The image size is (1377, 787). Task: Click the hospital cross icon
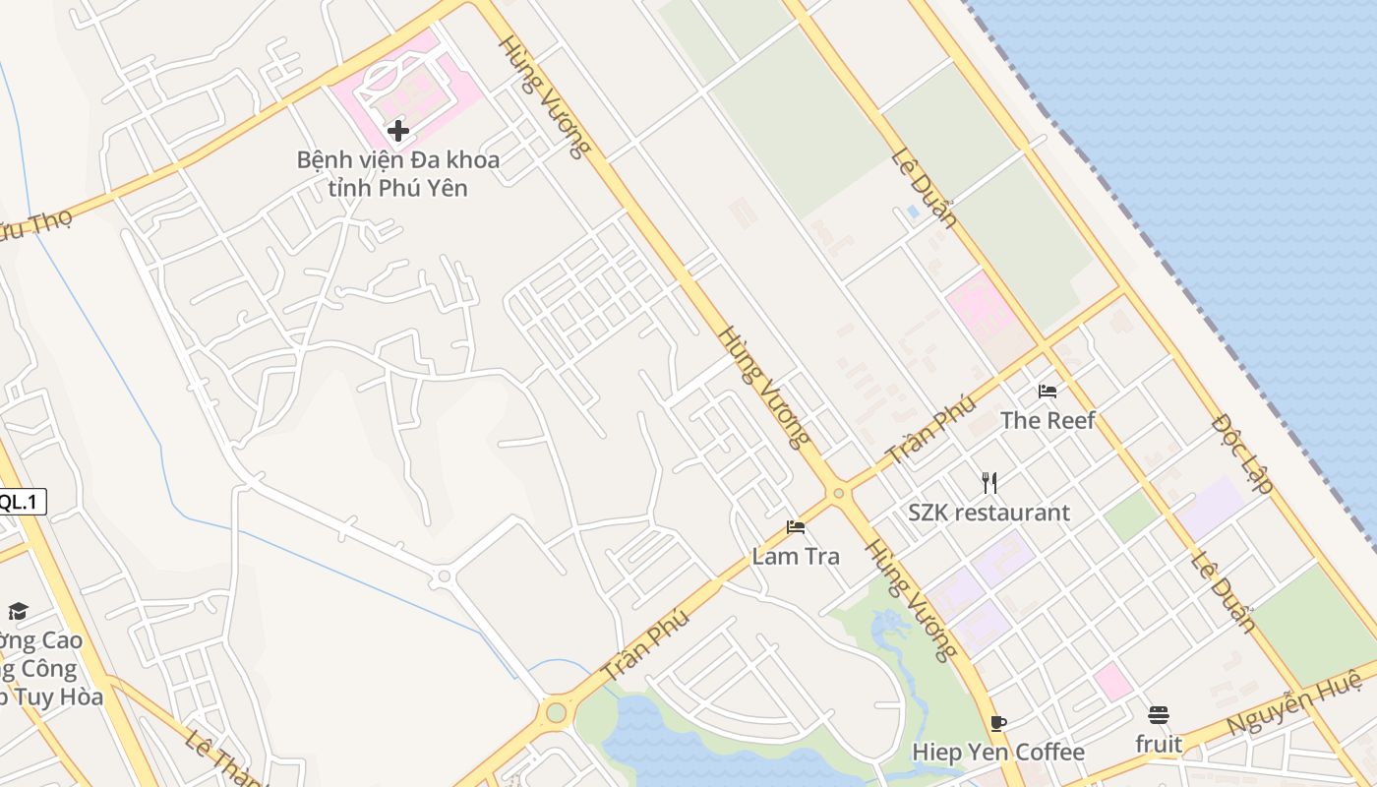(397, 130)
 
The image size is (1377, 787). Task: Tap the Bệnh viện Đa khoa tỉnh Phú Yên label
(398, 173)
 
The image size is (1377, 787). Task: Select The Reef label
(1048, 420)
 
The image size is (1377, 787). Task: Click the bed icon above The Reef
(1048, 391)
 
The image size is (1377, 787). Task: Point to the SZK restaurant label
(988, 513)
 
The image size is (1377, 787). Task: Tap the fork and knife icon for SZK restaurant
(989, 482)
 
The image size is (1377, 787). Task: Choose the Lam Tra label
(796, 556)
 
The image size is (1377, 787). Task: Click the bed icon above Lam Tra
(796, 527)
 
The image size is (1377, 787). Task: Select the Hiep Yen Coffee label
(998, 753)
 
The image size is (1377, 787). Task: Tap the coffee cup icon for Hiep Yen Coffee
(998, 724)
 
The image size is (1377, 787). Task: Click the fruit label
(1159, 745)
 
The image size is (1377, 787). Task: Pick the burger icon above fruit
(1159, 715)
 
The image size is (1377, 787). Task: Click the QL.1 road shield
(21, 502)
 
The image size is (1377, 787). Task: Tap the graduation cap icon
(18, 612)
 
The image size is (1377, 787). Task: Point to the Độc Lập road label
(1243, 453)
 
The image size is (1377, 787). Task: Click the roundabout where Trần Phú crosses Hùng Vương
(838, 493)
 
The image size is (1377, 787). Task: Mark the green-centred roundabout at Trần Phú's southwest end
(557, 711)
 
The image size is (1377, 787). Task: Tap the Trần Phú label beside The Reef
(930, 429)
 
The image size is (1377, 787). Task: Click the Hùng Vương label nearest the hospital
(544, 96)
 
